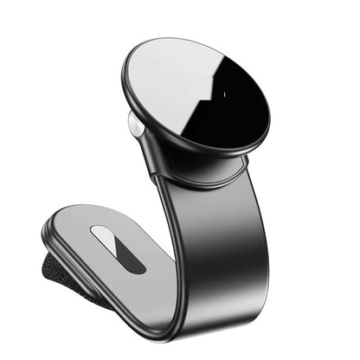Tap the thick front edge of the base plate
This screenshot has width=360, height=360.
(104, 290)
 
